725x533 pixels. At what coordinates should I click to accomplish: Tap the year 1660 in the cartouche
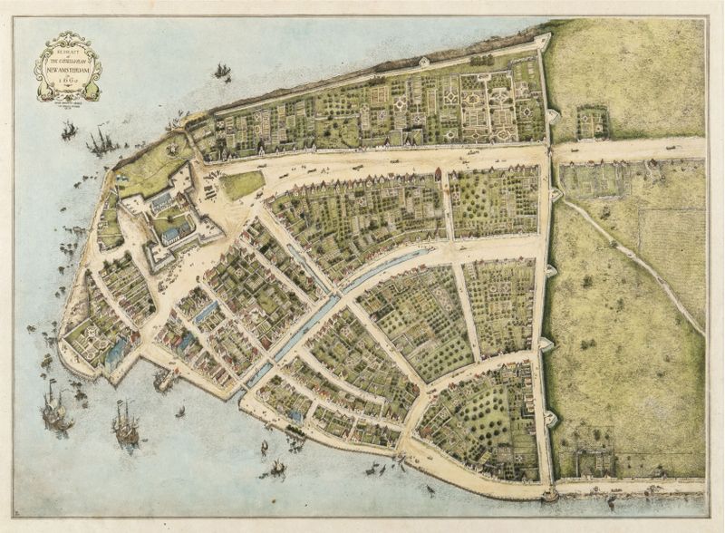pyautogui.click(x=68, y=82)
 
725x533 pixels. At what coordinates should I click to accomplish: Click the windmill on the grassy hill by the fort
pyautogui.click(x=173, y=141)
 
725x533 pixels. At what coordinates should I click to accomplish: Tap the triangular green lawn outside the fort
pyautogui.click(x=241, y=184)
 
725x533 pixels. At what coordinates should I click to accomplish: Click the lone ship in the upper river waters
pyautogui.click(x=222, y=71)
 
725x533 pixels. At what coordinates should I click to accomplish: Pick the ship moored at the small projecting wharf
pyautogui.click(x=165, y=380)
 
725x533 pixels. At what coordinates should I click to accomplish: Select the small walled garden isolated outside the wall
pyautogui.click(x=593, y=122)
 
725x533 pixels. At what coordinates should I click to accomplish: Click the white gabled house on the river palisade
pyautogui.click(x=423, y=62)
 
